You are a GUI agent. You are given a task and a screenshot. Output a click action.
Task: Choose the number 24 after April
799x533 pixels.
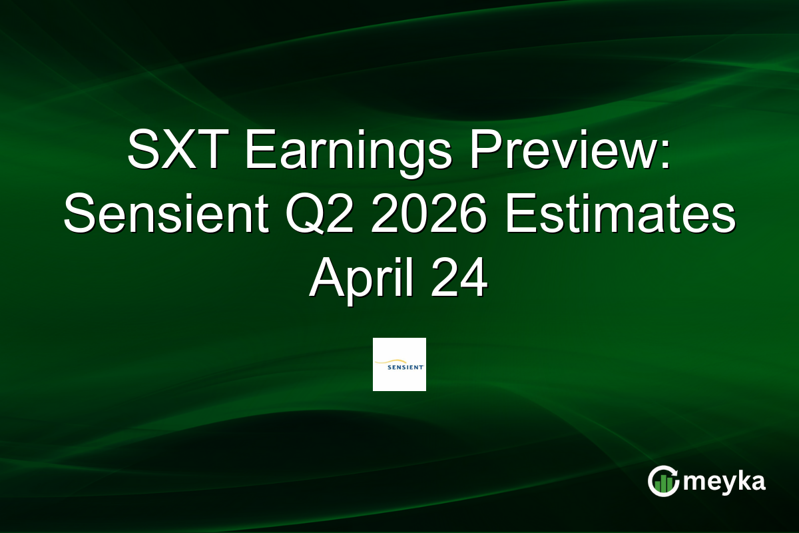463,280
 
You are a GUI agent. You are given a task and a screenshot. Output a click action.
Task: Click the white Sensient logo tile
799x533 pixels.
400,364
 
